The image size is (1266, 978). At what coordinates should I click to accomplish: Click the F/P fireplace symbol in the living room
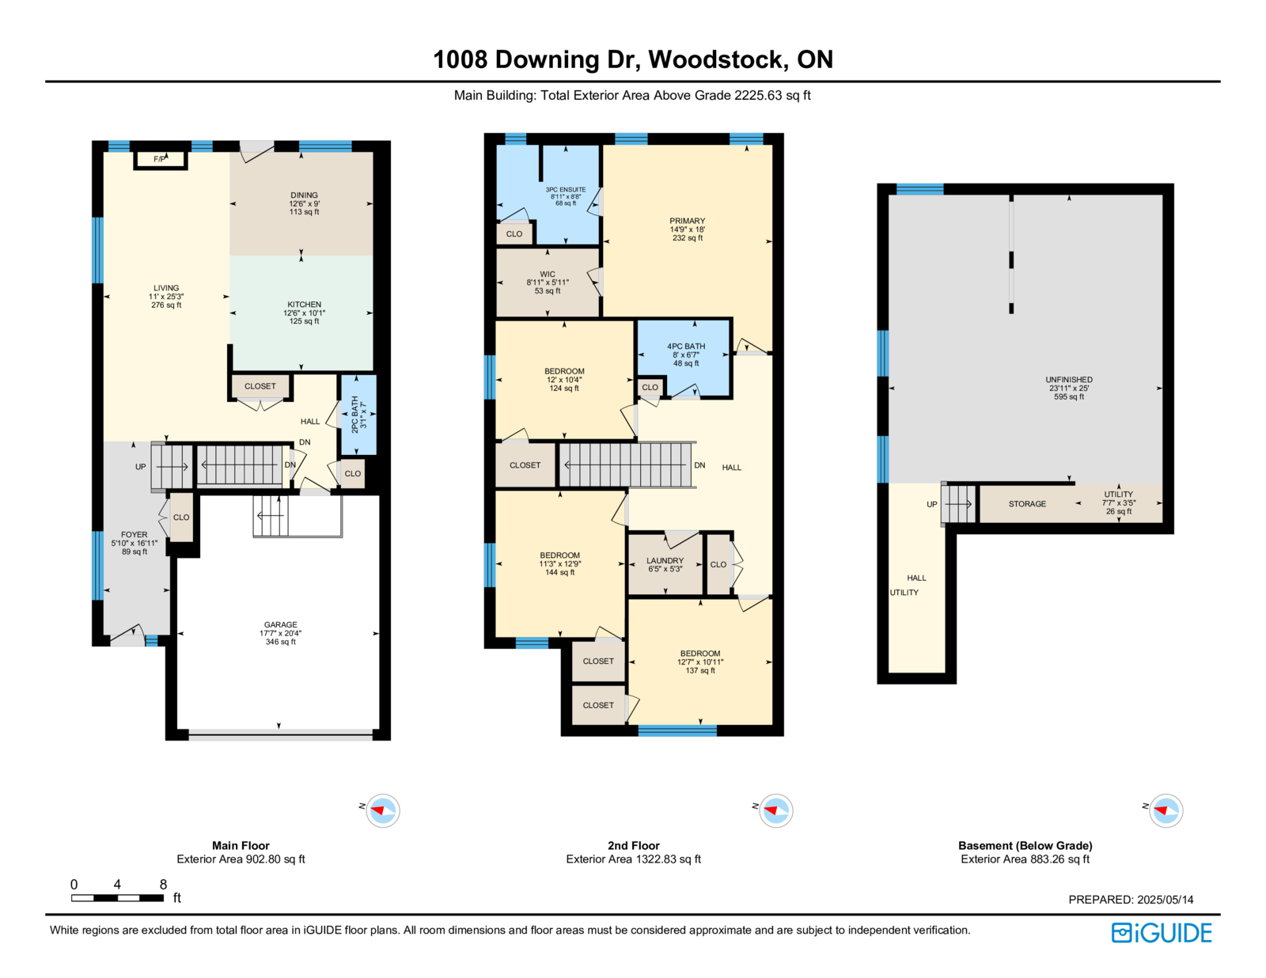(160, 160)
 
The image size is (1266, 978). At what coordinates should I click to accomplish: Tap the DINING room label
(304, 195)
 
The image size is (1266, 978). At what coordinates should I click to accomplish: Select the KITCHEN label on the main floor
(304, 304)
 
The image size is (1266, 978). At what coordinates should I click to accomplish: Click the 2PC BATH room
(358, 414)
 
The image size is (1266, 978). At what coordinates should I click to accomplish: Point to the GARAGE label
(280, 624)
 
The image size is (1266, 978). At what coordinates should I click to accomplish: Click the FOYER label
(134, 534)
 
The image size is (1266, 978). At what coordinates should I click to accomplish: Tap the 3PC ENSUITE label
(565, 189)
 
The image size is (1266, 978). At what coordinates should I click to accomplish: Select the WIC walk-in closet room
(548, 283)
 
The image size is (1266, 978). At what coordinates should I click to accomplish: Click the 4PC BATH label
(686, 346)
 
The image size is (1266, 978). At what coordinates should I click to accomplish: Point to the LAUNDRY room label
(665, 560)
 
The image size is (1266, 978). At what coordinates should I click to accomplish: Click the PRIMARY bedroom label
(687, 221)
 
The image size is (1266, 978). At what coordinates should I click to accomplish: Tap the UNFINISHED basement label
(1068, 379)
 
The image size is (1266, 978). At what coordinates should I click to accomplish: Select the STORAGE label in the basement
(1027, 504)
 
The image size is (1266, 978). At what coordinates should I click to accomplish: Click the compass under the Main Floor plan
(382, 810)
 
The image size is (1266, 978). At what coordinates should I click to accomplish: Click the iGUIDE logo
(1161, 933)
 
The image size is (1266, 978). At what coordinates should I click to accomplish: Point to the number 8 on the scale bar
(163, 884)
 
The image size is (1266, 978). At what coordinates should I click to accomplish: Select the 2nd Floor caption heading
(633, 845)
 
